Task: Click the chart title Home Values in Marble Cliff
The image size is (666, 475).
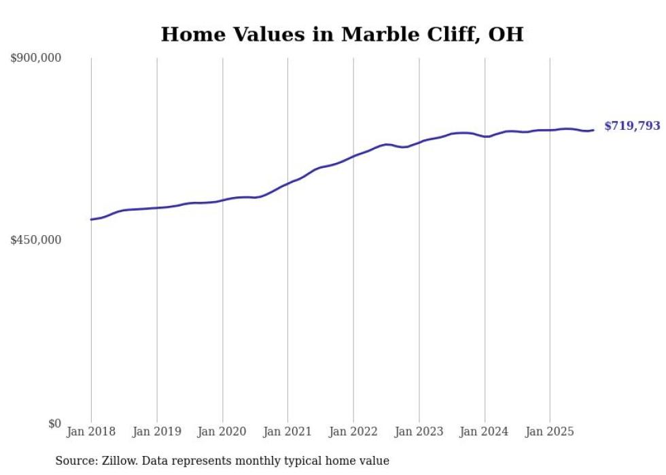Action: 342,34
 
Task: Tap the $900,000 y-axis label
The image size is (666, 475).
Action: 36,58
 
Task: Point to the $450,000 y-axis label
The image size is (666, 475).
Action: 36,240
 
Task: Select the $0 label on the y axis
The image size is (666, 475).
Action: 54,423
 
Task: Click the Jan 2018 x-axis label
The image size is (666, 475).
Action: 91,432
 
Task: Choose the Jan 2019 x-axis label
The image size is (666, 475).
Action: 157,432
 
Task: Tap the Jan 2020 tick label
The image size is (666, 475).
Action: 222,432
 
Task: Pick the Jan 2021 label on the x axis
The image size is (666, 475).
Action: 287,432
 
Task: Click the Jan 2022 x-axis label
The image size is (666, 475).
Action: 353,432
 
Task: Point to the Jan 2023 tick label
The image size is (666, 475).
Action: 419,432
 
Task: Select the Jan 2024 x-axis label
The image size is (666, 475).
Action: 485,432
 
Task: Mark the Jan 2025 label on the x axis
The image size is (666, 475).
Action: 550,432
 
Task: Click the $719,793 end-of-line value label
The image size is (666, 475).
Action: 631,126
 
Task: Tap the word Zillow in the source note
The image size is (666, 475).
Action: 119,461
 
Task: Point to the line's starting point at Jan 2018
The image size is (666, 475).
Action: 91,219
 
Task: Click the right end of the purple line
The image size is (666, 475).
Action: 593,130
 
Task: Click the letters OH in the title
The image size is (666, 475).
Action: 506,34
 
